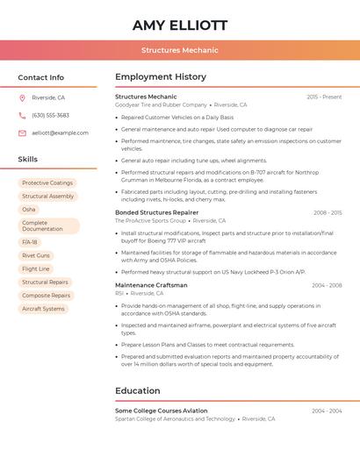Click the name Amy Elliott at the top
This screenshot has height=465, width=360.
tap(180, 25)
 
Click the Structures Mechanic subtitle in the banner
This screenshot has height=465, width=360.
tap(180, 50)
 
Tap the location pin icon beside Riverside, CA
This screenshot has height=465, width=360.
tap(22, 97)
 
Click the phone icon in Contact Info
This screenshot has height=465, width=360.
tap(22, 115)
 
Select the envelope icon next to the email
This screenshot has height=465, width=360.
tap(22, 132)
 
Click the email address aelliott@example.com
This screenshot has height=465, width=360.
tap(60, 132)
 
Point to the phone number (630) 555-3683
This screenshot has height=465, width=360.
tap(50, 115)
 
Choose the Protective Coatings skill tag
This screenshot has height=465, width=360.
tap(47, 182)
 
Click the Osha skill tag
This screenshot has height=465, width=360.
tap(29, 210)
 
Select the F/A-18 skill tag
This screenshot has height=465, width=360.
tap(30, 242)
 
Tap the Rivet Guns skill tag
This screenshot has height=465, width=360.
tap(36, 255)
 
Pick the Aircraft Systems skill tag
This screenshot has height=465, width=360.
tap(43, 309)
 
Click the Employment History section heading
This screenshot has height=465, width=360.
tap(161, 77)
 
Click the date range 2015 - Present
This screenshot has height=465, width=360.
tap(324, 97)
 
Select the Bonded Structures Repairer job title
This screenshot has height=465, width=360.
tap(156, 212)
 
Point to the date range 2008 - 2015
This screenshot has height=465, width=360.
tap(327, 212)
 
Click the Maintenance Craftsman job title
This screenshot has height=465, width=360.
tap(151, 285)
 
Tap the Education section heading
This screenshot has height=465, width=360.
tap(138, 390)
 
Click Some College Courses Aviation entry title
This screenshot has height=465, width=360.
tap(162, 411)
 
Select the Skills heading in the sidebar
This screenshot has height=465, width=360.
tap(28, 159)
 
